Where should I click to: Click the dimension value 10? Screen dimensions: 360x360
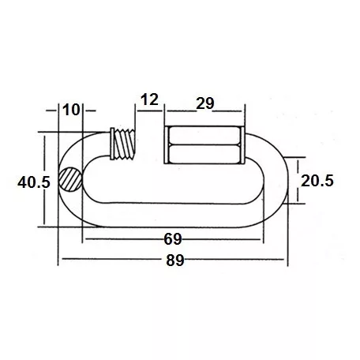pos(70,109)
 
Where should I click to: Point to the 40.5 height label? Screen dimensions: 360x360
pos(33,182)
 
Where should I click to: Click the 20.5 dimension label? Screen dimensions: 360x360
pos(317,181)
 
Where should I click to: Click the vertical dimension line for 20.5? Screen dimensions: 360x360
pos(298,181)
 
